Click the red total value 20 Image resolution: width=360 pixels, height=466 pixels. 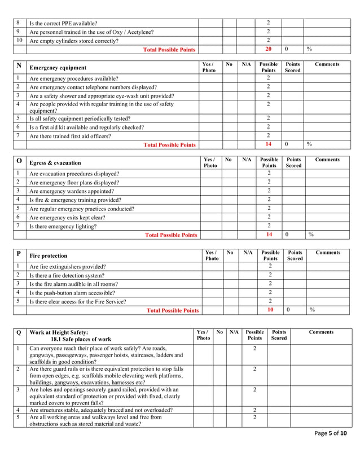(269, 50)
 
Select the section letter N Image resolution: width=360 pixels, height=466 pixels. (19, 65)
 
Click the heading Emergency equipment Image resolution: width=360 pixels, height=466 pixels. (58, 68)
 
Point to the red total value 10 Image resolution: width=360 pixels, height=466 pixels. (270, 310)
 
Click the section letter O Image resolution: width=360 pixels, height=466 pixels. (19, 161)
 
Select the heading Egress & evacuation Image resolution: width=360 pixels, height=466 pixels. (55, 163)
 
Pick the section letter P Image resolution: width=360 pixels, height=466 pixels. (19, 254)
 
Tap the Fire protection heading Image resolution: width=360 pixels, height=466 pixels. (48, 256)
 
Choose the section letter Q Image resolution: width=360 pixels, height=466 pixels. (19, 332)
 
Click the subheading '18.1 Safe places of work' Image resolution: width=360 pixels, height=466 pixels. (81, 340)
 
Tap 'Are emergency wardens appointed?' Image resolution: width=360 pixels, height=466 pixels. (70, 191)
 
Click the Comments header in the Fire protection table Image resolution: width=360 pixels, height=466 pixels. (328, 253)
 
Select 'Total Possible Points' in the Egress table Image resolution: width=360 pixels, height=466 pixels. (171, 235)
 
